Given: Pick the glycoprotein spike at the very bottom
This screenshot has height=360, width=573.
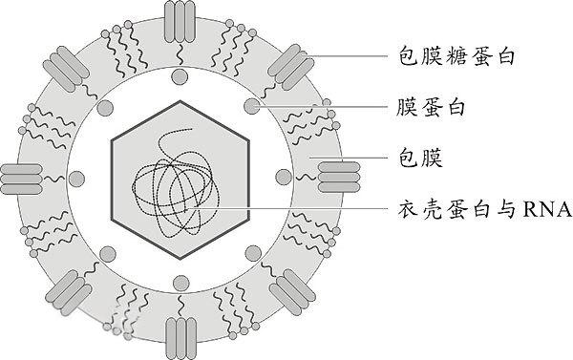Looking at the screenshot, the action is pos(179,336).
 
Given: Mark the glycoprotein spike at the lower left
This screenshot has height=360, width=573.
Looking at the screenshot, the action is pos(68,290).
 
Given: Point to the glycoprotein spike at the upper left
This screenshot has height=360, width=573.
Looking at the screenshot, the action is pos(68,65).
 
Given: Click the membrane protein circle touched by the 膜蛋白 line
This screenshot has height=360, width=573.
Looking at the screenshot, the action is pos(251,105).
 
